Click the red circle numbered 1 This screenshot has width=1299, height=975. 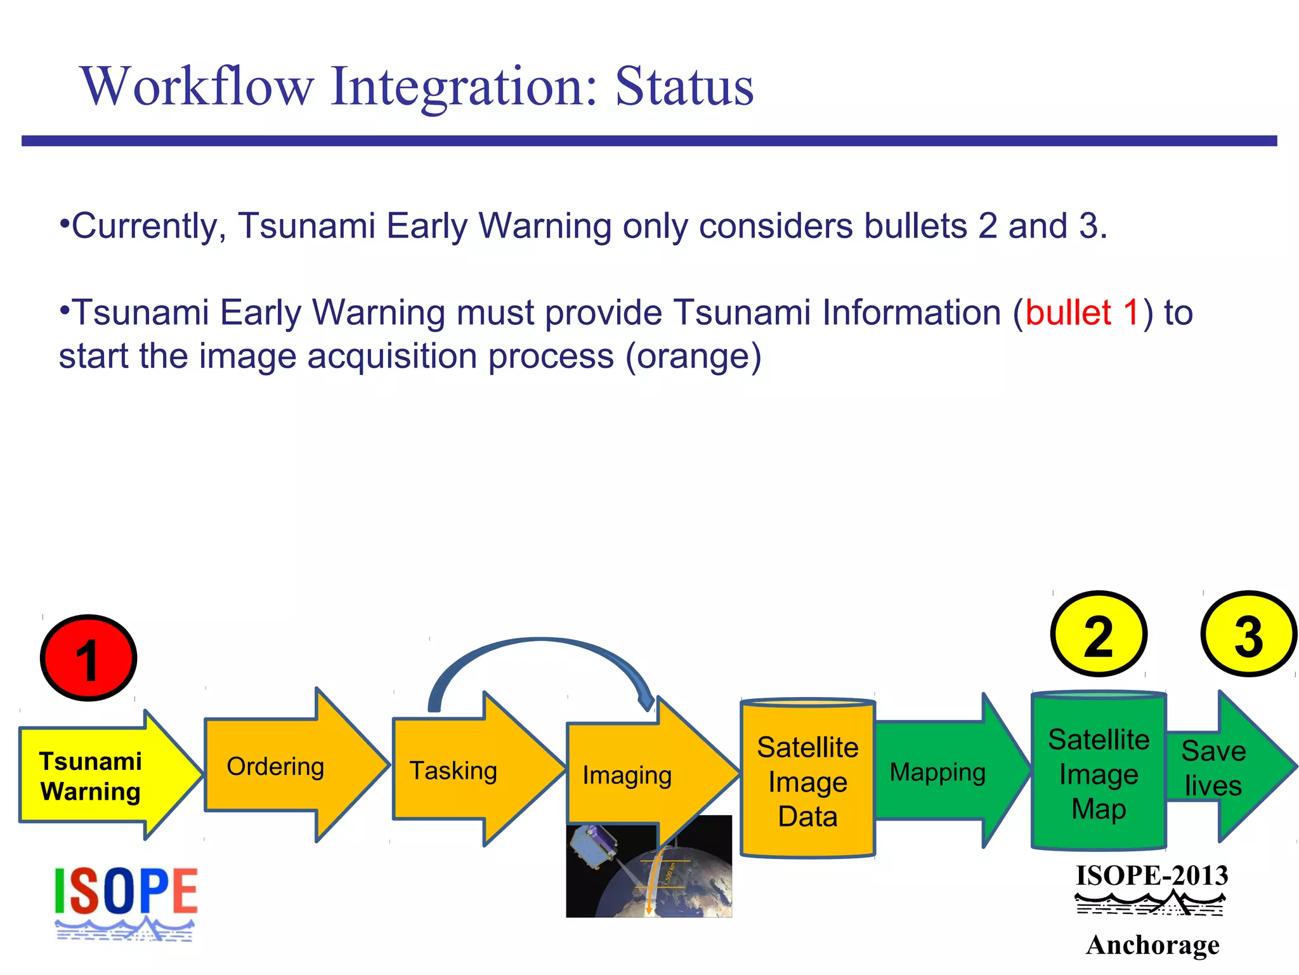pyautogui.click(x=88, y=658)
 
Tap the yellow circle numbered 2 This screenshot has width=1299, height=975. pyautogui.click(x=1099, y=634)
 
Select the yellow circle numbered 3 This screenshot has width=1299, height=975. pyautogui.click(x=1248, y=634)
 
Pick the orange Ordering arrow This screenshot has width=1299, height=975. pyautogui.click(x=279, y=766)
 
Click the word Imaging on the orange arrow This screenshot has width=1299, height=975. pyautogui.click(x=627, y=775)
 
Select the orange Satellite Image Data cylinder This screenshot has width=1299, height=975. pyautogui.click(x=807, y=781)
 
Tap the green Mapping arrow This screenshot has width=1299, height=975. pyautogui.click(x=939, y=772)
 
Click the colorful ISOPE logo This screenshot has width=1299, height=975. pyautogui.click(x=126, y=901)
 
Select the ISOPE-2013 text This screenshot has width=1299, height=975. pyautogui.click(x=1152, y=876)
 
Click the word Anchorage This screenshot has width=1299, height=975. pyautogui.click(x=1152, y=945)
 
